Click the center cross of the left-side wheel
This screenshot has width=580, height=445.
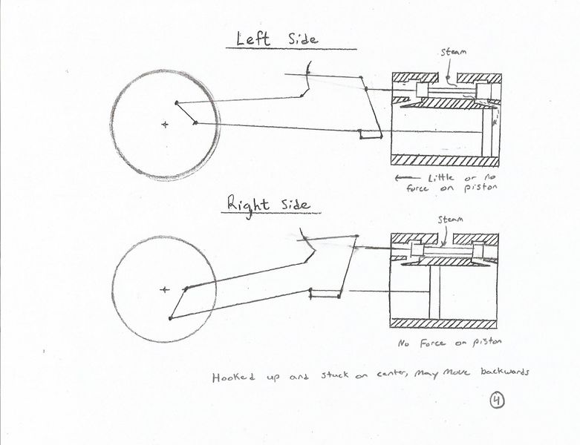click(x=165, y=125)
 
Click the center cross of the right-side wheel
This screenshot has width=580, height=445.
click(x=164, y=289)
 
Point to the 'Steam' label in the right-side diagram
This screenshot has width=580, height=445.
click(x=449, y=220)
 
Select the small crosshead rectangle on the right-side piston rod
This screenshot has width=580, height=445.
click(x=323, y=292)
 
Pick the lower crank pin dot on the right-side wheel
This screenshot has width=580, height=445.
click(x=171, y=318)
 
